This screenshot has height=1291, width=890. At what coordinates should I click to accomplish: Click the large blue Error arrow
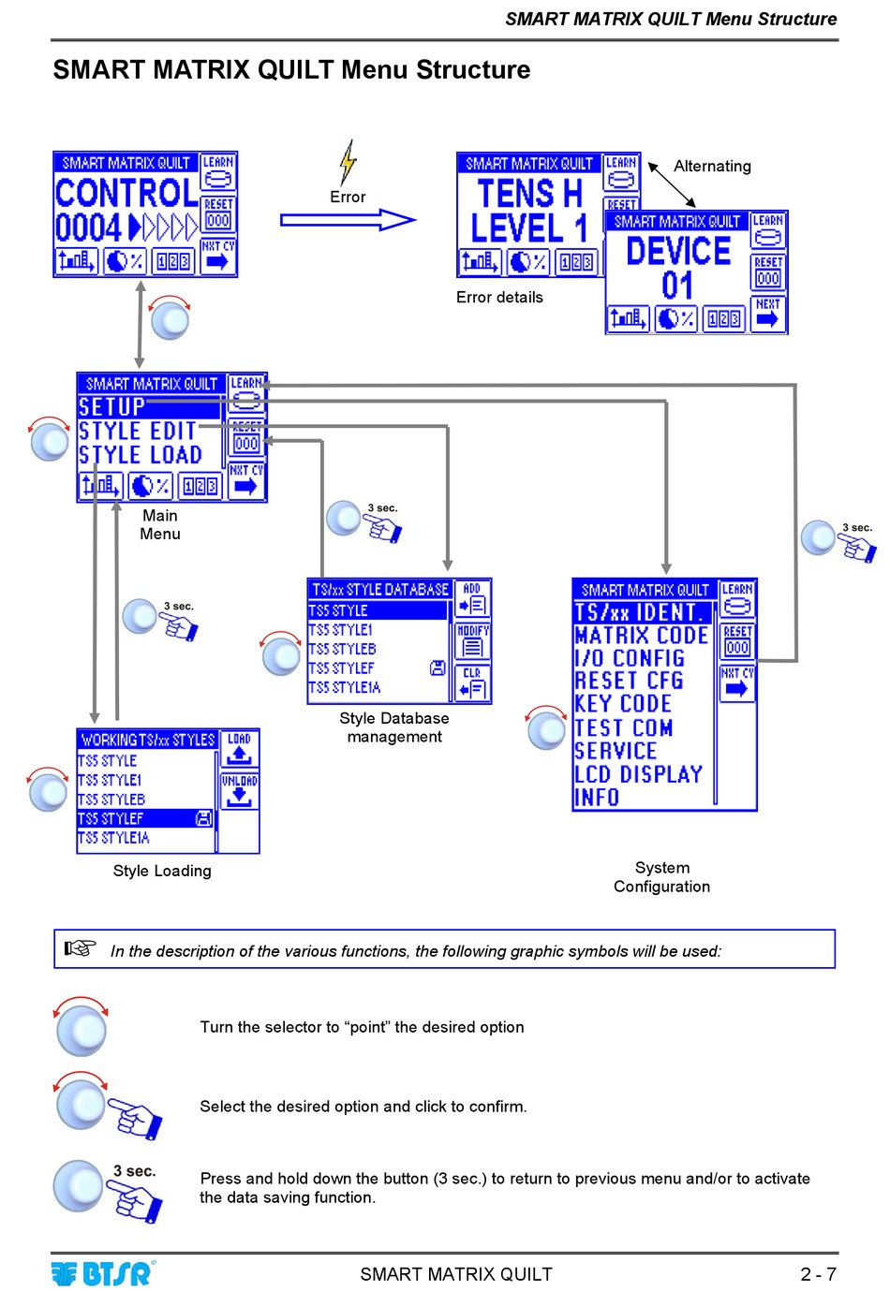348,220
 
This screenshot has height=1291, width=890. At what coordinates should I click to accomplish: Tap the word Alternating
712,167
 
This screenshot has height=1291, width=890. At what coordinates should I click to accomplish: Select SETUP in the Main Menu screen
112,407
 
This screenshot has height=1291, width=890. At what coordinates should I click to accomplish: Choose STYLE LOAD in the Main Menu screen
141,455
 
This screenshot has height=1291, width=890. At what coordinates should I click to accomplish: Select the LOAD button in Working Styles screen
240,749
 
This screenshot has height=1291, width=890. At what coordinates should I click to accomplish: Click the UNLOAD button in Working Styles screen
240,790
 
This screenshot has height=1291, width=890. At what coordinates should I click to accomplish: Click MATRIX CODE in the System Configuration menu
642,636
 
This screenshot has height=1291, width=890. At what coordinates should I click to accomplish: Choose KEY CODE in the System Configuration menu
623,704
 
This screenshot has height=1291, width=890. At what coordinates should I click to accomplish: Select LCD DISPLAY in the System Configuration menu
638,774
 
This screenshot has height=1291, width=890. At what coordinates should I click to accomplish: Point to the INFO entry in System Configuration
597,798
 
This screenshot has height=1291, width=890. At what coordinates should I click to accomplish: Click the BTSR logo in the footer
103,1273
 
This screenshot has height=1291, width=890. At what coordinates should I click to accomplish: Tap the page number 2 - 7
818,1274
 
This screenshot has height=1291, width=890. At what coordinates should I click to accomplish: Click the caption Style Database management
394,727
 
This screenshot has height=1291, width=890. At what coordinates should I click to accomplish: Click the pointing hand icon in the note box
81,948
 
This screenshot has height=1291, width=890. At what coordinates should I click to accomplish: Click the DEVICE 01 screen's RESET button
768,272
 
